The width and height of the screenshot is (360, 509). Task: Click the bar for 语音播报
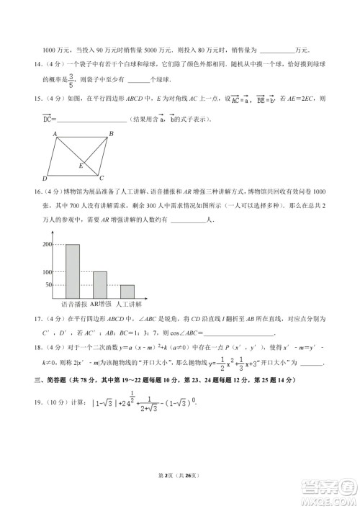coord(73,271)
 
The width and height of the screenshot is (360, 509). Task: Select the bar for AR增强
coord(100,285)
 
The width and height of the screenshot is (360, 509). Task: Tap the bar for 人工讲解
coord(127,292)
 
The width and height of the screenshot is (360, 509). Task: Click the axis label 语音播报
coord(73,305)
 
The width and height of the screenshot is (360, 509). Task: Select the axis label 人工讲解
coord(130,305)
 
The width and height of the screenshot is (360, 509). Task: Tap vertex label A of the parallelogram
coord(54,134)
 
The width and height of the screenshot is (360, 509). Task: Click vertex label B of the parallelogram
coord(111,134)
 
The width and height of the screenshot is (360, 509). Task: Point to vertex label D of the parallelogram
coord(45,179)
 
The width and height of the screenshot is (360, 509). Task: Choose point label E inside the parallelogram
coord(81,166)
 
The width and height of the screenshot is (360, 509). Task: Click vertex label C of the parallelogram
coord(102,179)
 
